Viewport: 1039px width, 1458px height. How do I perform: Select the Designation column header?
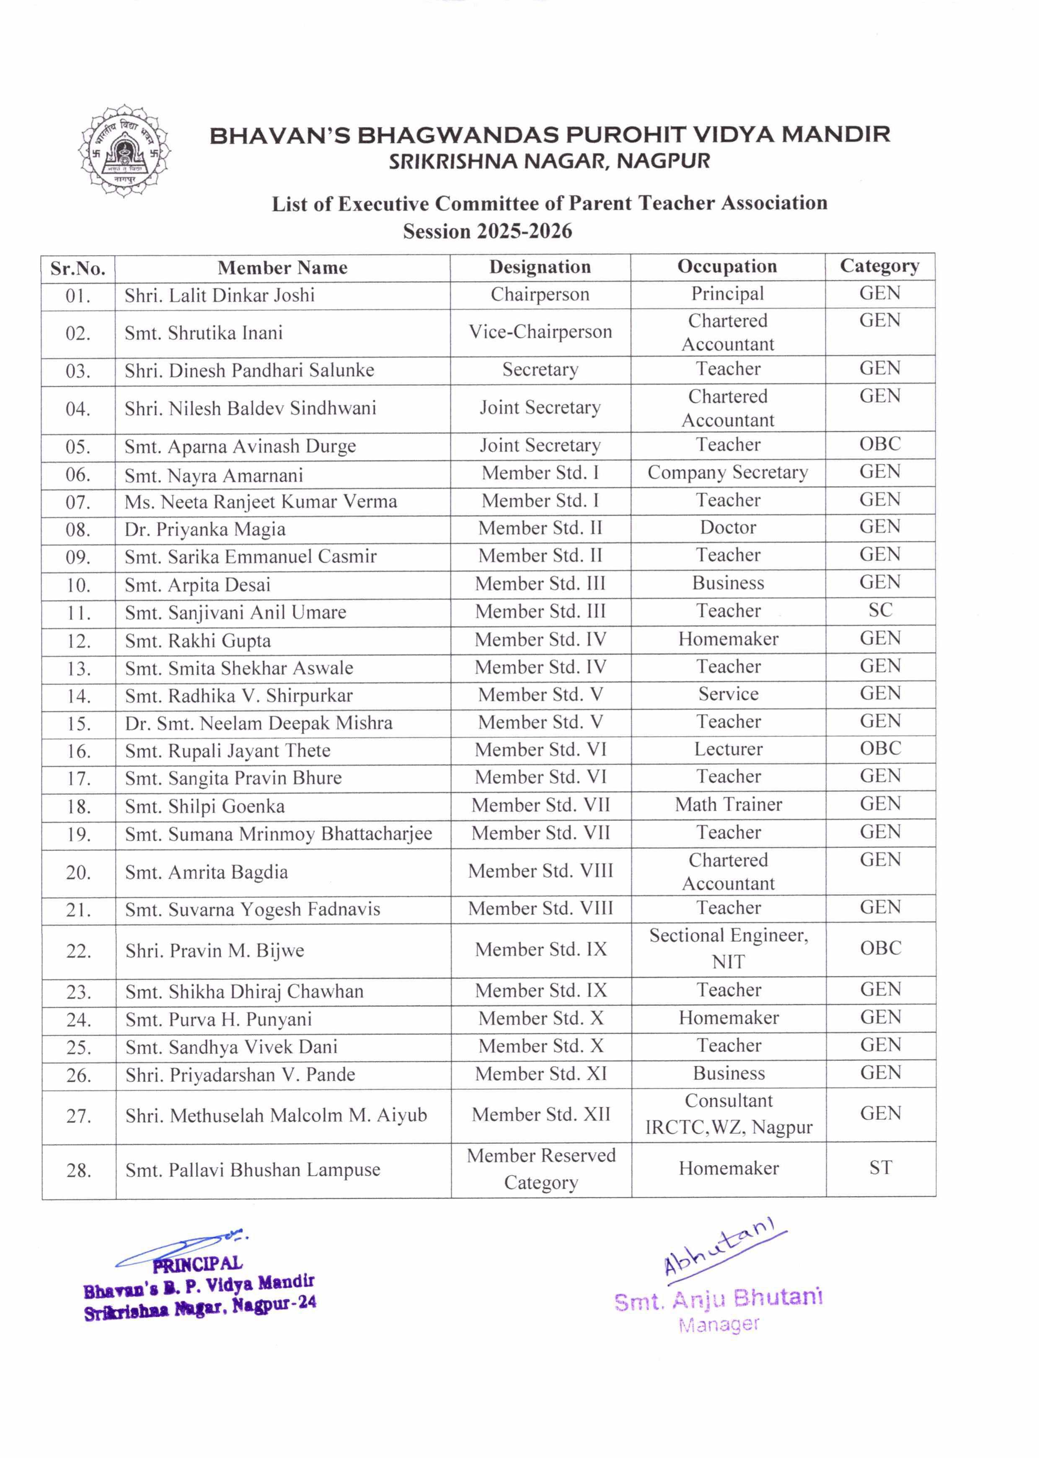(x=540, y=267)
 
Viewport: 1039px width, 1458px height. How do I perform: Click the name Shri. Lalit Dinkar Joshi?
(x=220, y=295)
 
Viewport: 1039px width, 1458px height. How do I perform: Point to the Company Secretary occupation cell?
(x=727, y=472)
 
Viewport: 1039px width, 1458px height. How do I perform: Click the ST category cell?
(x=880, y=1168)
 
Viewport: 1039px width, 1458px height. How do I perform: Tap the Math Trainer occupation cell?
(x=728, y=804)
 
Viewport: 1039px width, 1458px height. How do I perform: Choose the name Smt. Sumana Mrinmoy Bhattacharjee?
(x=278, y=834)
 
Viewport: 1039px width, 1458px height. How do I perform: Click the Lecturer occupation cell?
(x=728, y=749)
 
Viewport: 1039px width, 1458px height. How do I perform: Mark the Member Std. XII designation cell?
(x=540, y=1114)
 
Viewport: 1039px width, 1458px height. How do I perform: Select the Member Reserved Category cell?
(x=540, y=1168)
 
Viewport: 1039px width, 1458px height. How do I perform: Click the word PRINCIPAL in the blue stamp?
(x=197, y=1264)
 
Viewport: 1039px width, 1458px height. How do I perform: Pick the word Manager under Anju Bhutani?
(x=719, y=1324)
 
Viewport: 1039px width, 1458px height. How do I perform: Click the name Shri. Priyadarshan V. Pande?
(x=240, y=1074)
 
